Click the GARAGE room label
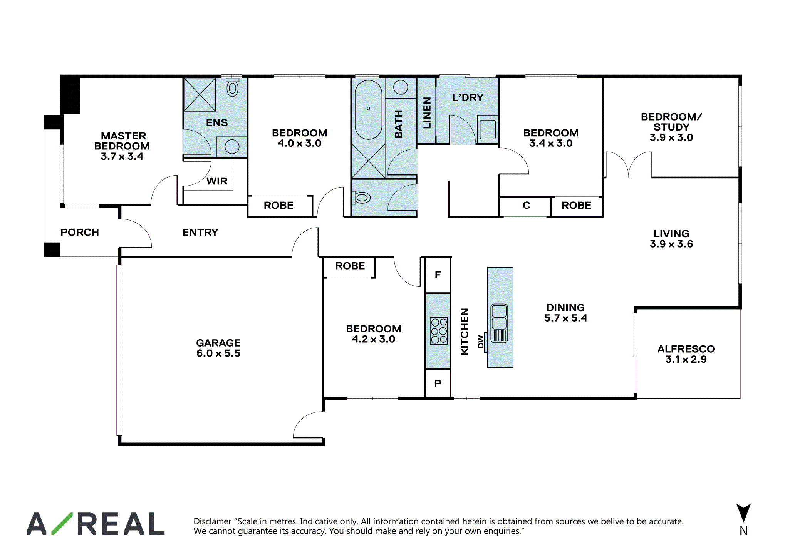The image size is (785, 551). click(218, 343)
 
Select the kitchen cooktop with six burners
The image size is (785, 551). click(439, 331)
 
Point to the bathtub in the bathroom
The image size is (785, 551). click(368, 109)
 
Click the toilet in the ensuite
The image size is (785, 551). click(232, 87)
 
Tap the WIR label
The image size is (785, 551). click(217, 181)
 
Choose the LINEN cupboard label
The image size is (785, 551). click(427, 112)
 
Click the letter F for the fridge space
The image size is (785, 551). click(438, 275)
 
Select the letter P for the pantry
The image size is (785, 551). click(438, 384)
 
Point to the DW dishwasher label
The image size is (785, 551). click(480, 342)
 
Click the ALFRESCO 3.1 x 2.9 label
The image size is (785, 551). click(686, 354)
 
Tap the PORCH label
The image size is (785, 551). click(80, 232)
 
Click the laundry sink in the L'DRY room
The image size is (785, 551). click(488, 129)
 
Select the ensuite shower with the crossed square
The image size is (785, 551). click(200, 95)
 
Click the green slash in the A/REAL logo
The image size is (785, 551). click(62, 524)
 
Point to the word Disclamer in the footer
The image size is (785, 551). click(213, 521)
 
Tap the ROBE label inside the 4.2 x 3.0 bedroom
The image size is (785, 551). click(350, 266)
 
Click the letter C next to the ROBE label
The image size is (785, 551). click(526, 205)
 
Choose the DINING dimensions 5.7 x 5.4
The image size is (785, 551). click(565, 318)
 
